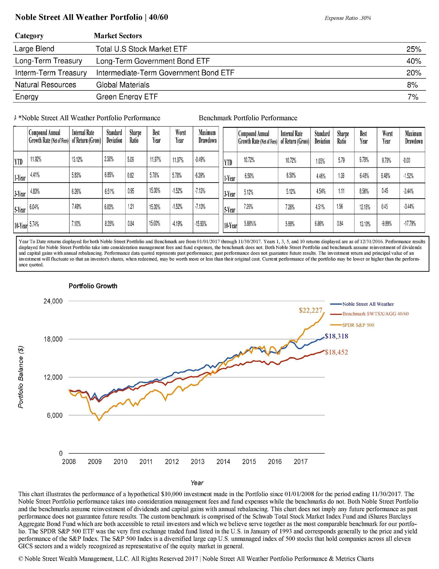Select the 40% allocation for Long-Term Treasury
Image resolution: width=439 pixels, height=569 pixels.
click(x=413, y=61)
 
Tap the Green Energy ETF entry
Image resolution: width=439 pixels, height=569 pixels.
click(x=127, y=97)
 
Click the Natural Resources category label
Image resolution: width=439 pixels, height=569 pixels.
click(x=46, y=85)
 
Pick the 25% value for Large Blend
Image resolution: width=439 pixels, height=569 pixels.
click(x=413, y=49)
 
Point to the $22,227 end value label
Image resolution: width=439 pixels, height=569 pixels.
click(x=311, y=310)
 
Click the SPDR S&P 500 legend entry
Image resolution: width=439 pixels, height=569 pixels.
click(x=358, y=325)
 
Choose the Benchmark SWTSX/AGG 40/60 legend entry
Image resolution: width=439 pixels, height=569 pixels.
click(x=375, y=314)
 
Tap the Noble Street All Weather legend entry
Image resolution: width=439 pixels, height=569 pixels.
click(x=368, y=304)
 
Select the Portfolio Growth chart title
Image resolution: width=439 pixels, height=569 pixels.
click(x=93, y=286)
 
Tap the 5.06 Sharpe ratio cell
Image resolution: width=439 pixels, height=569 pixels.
click(x=130, y=159)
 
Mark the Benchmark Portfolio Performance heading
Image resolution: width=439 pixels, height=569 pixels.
click(x=248, y=118)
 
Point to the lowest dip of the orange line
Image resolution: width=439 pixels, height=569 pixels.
click(x=99, y=420)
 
